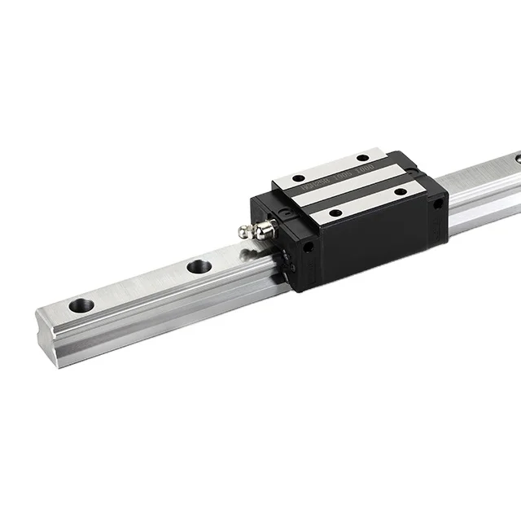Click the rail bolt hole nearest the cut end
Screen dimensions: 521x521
(x=81, y=306)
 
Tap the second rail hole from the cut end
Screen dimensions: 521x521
(x=199, y=266)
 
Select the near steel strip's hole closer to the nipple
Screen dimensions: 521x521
(x=335, y=212)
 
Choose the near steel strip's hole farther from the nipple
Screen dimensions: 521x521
(x=400, y=191)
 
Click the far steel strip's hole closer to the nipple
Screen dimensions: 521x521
(x=298, y=178)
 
